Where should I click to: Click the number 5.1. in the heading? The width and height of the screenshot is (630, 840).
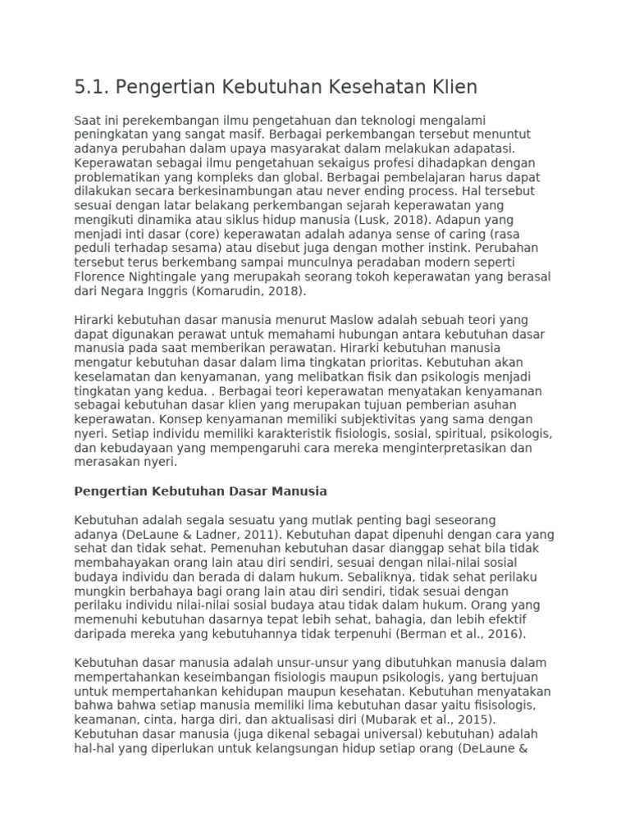[x=91, y=87]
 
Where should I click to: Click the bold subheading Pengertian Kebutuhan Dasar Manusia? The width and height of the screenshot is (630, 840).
[x=201, y=491]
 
